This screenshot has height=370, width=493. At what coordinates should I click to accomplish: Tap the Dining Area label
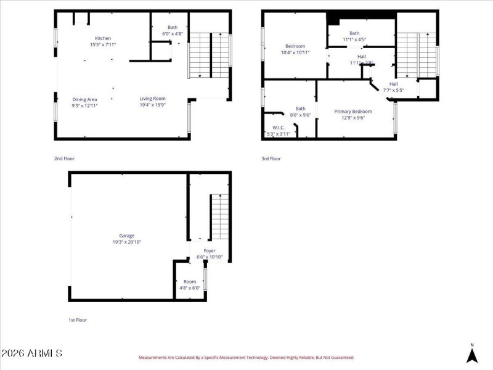coord(84,99)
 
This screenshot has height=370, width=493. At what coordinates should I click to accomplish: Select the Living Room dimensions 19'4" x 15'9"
coord(152,105)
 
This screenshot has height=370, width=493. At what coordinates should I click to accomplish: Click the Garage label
coord(127,236)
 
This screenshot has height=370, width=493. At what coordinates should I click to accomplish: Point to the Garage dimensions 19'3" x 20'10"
coord(127,242)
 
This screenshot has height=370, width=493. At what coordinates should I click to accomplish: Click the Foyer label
coord(210,251)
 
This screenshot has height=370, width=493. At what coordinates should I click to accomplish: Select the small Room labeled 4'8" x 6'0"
coord(190,284)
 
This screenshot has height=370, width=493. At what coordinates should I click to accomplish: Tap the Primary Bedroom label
coord(353,112)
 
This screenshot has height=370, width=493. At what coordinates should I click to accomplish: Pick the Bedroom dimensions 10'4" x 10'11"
coord(295,52)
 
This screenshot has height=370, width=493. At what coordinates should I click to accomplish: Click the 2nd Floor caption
coord(64,158)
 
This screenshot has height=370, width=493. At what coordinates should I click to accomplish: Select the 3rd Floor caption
coord(271,158)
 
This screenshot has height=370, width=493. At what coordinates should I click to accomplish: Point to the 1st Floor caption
coord(78,321)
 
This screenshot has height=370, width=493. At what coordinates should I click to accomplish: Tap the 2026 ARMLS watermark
coord(32,353)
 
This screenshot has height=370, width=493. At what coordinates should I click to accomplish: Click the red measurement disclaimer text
coord(246,357)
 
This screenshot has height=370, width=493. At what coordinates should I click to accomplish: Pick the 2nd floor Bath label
coord(173,27)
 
